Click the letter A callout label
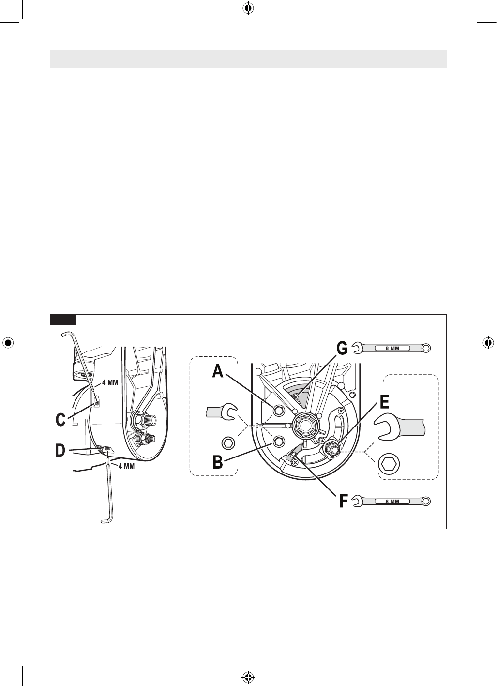point(218,372)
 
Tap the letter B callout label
point(217,462)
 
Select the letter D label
point(60,451)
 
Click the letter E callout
point(384,402)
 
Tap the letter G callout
point(342,349)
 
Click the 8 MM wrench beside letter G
point(392,348)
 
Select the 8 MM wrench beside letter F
point(392,502)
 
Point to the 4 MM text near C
point(110,383)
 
